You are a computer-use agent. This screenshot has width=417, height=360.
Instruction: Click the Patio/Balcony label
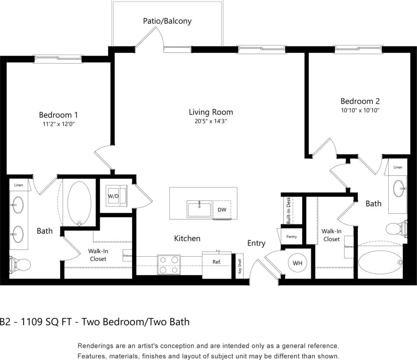(167, 21)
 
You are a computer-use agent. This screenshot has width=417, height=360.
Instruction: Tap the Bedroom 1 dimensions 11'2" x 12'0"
(58, 124)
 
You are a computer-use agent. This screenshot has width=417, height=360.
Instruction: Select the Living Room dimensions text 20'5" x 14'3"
(211, 121)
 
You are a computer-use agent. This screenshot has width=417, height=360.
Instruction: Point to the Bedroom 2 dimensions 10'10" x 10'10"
(360, 110)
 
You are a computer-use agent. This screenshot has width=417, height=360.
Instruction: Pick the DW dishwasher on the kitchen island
(222, 210)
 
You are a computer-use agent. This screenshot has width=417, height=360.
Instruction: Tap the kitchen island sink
(199, 209)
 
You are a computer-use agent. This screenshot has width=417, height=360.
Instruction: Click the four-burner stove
(169, 264)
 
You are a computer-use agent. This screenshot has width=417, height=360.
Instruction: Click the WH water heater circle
(297, 263)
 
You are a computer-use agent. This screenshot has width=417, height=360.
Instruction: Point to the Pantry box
(292, 236)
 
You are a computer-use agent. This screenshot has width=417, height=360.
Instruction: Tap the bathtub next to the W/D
(79, 202)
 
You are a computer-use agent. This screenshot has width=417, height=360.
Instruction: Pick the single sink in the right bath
(400, 189)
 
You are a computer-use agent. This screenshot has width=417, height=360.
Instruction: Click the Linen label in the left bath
(18, 185)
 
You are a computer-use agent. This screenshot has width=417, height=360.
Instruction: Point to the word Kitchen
(187, 238)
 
